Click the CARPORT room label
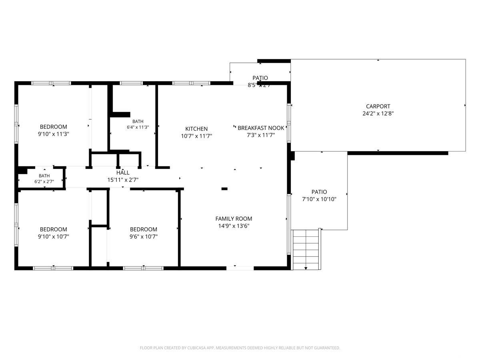(378, 106)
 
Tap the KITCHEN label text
(196, 129)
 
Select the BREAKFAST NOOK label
(261, 128)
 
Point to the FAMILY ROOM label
(234, 218)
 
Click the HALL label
(123, 172)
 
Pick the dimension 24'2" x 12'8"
(378, 114)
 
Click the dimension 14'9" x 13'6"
(234, 226)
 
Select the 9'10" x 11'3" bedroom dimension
(53, 134)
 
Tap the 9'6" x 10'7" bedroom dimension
(144, 236)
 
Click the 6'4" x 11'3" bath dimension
(138, 127)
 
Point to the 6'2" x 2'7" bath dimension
(44, 182)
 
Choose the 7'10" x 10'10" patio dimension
(319, 199)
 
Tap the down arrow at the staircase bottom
(306, 268)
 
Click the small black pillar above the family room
(224, 189)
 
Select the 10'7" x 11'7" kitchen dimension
(196, 136)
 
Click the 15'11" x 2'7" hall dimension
(123, 180)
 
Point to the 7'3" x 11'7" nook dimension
(261, 135)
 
